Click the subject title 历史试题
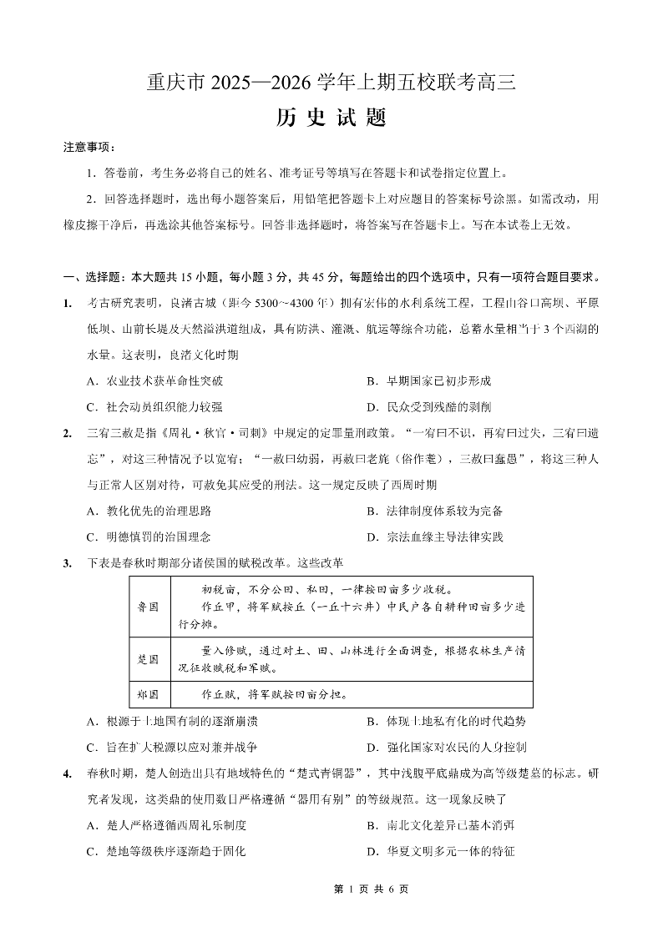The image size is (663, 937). click(331, 118)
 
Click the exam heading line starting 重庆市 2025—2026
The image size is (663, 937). click(331, 83)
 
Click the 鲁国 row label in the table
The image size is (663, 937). click(148, 607)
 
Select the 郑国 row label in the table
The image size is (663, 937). click(148, 694)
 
